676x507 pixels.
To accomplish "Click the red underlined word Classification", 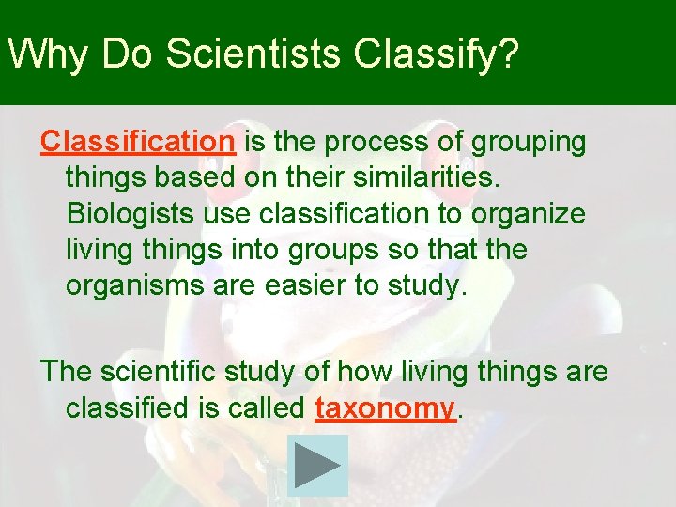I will point(137,142).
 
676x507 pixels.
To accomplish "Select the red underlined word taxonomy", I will point(385,408).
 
